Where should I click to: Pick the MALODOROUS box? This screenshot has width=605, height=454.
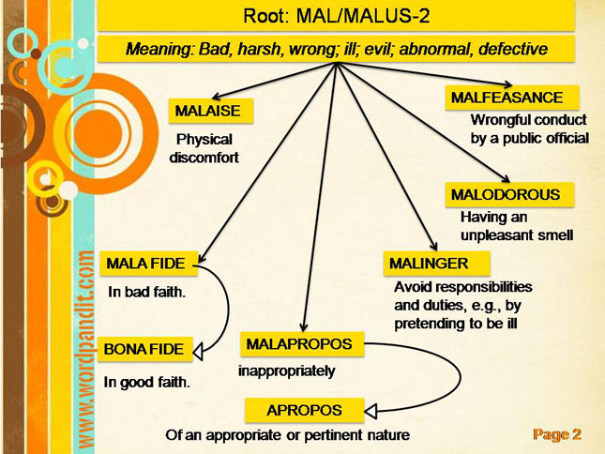pyautogui.click(x=505, y=195)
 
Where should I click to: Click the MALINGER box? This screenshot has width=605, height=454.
pyautogui.click(x=425, y=263)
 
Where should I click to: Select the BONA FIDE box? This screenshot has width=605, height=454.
pyautogui.click(x=145, y=349)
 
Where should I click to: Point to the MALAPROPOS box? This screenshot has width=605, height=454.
pyautogui.click(x=299, y=344)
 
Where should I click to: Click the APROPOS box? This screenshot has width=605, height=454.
pyautogui.click(x=304, y=410)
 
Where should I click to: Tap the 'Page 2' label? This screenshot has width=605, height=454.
pyautogui.click(x=558, y=433)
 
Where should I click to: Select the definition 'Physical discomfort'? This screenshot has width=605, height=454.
pyautogui.click(x=204, y=148)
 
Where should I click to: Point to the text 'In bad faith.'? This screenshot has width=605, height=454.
pyautogui.click(x=147, y=293)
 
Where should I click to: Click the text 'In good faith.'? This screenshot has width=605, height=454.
pyautogui.click(x=147, y=382)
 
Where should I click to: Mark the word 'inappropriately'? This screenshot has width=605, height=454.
pyautogui.click(x=286, y=371)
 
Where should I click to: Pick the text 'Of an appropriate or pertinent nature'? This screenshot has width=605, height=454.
pyautogui.click(x=288, y=435)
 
